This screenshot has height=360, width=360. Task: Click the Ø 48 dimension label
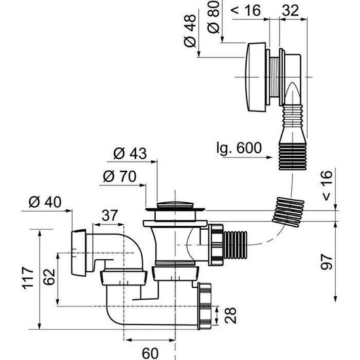(190, 31)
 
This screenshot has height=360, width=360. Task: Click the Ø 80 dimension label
(213, 17)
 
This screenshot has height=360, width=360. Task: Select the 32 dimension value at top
(291, 10)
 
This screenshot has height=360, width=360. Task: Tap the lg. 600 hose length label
(239, 148)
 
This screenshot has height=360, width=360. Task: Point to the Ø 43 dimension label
(130, 153)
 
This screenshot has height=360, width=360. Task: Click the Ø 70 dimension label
(119, 177)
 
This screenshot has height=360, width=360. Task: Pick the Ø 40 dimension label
(45, 202)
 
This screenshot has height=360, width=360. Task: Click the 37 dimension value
(109, 215)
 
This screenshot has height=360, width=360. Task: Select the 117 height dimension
(27, 278)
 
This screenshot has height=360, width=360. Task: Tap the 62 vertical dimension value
(49, 277)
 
